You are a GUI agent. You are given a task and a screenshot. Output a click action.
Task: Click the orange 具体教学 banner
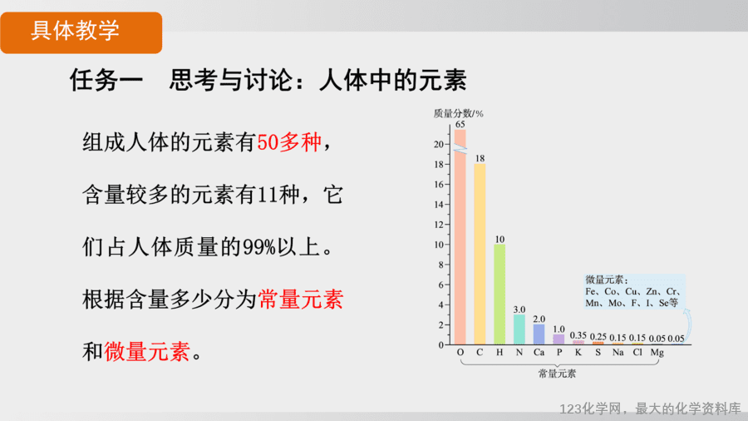81,32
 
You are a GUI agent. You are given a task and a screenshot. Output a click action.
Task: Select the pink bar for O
460,237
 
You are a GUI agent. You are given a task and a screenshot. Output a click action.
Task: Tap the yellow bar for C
480,254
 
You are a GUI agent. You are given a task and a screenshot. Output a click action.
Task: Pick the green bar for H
499,294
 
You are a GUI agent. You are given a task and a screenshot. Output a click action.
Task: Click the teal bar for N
519,329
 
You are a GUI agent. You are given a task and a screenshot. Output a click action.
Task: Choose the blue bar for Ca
539,334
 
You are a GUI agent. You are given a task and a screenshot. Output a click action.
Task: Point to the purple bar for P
559,339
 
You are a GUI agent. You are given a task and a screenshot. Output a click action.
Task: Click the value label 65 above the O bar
460,124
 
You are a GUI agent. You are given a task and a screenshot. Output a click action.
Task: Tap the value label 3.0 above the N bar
519,310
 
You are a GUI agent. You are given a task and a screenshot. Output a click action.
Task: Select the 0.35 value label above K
578,335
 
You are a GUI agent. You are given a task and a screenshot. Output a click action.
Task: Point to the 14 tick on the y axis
438,205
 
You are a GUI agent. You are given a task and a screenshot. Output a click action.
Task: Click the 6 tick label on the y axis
441,285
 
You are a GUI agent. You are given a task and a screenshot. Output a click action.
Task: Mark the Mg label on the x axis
657,353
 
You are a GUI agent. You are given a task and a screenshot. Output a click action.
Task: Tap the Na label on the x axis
618,352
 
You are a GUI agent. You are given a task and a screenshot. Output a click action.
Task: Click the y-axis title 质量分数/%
458,113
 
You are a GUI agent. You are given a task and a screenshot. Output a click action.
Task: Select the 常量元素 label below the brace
557,374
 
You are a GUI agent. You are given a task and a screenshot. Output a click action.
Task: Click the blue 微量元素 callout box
634,291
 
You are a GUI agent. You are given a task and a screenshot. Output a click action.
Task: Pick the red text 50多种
289,142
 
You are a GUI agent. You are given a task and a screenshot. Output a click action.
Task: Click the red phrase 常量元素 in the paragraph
301,300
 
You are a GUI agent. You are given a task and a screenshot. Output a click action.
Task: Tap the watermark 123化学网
591,409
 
